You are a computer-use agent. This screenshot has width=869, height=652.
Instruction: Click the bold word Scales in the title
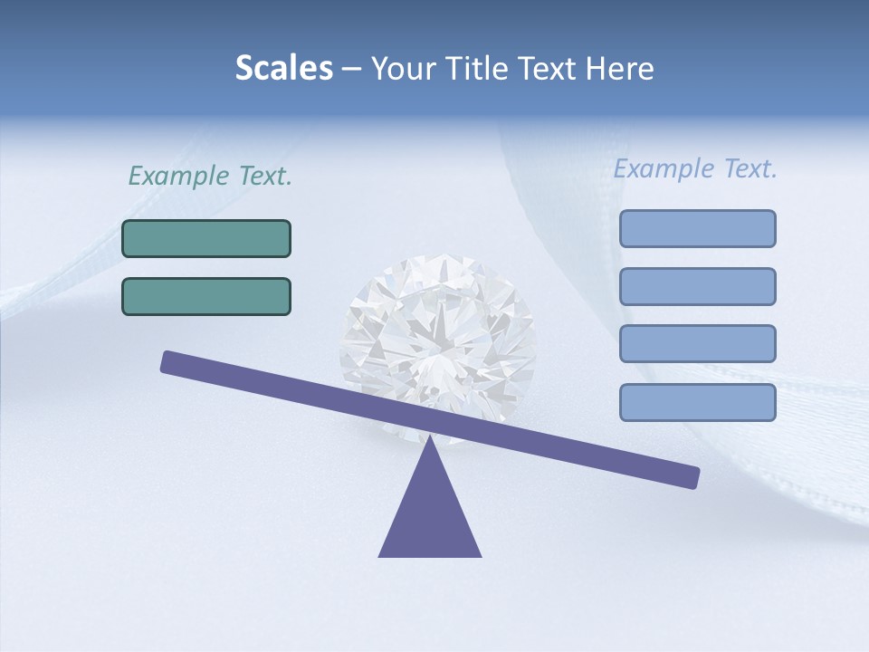click(283, 68)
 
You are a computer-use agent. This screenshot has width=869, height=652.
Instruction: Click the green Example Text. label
click(210, 176)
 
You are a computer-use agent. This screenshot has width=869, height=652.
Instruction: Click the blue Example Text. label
click(695, 168)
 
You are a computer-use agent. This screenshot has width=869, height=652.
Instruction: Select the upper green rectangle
click(206, 238)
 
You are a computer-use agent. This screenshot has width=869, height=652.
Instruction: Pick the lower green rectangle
click(206, 296)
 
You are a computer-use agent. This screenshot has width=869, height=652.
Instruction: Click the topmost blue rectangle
click(697, 228)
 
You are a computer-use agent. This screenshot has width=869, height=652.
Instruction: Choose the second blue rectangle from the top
click(697, 286)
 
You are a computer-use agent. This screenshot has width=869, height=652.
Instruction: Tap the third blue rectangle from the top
click(697, 344)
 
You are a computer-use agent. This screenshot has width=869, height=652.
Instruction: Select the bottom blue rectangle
click(697, 402)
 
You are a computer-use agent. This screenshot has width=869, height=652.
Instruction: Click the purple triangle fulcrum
click(430, 516)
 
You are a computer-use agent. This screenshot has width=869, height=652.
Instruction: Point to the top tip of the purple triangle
click(430, 440)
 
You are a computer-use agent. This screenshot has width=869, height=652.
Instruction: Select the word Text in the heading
click(548, 69)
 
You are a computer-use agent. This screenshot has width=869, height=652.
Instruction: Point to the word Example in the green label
click(172, 176)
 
